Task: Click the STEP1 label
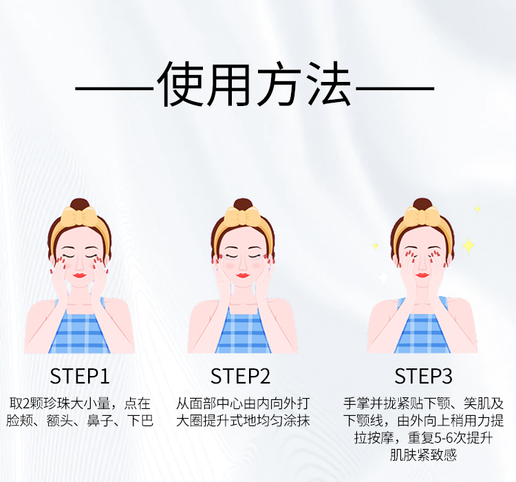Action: tap(79, 376)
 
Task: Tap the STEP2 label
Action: tap(240, 376)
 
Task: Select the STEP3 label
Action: tap(423, 376)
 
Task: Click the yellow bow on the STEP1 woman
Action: tap(79, 217)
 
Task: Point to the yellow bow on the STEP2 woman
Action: tap(243, 217)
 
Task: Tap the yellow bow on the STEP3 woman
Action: tap(422, 216)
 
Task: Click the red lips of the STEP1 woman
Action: tap(79, 275)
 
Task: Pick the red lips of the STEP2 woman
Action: tap(243, 275)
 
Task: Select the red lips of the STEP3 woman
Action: tap(422, 275)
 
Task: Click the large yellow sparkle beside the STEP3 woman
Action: tap(469, 246)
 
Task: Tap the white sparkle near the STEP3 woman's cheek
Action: tap(383, 277)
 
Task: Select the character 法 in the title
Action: tap(328, 84)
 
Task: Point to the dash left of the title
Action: tap(114, 88)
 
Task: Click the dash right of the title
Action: tap(395, 88)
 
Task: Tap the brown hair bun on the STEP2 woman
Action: tap(243, 205)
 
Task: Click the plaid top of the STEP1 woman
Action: tap(79, 333)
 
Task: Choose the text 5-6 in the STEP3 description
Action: tap(443, 438)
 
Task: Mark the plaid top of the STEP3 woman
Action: tap(422, 333)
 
